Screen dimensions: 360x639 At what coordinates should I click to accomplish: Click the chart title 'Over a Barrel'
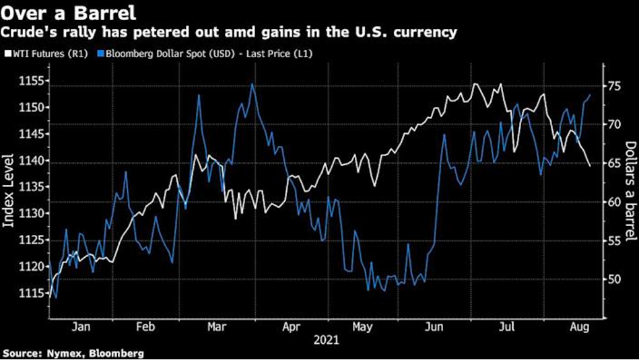pyautogui.click(x=68, y=12)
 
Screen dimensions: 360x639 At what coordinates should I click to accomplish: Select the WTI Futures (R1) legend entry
pyautogui.click(x=47, y=52)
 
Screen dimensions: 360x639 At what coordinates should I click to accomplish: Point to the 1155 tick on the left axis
pyautogui.click(x=26, y=81)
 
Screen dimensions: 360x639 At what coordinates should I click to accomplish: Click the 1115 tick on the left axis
pyautogui.click(x=26, y=293)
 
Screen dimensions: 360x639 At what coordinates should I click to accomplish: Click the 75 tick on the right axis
pyautogui.click(x=613, y=86)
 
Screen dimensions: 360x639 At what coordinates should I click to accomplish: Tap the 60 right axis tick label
pyautogui.click(x=613, y=202)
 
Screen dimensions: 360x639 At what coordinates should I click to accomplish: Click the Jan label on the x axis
pyautogui.click(x=81, y=328)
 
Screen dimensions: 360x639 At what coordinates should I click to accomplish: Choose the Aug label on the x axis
pyautogui.click(x=580, y=328)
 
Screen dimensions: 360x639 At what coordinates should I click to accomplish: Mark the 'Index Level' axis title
pyautogui.click(x=9, y=188)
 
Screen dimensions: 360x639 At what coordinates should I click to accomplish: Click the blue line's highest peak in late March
pyautogui.click(x=252, y=84)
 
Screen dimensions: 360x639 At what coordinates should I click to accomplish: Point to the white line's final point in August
pyautogui.click(x=590, y=166)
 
